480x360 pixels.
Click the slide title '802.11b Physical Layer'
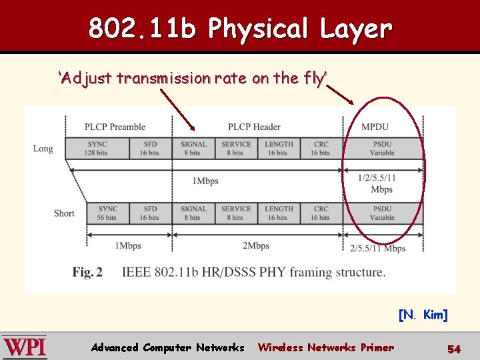(x=240, y=28)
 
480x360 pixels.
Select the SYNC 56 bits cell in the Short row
(x=107, y=213)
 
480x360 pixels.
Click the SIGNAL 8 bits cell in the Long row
(x=193, y=148)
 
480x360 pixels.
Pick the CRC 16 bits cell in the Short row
(x=320, y=213)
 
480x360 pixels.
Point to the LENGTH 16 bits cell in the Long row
(x=278, y=148)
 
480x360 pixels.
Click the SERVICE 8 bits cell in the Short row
(x=236, y=213)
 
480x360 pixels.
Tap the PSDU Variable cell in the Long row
(x=382, y=148)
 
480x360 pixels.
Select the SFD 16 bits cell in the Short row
(x=150, y=213)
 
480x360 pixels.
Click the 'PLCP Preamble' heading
(x=115, y=127)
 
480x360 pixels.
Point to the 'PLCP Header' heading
(x=253, y=127)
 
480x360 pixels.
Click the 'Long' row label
(x=43, y=148)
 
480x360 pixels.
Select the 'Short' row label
(x=64, y=213)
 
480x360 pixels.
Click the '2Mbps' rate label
(x=255, y=246)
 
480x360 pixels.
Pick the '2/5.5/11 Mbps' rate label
(x=377, y=248)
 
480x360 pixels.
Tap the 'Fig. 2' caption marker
(x=87, y=272)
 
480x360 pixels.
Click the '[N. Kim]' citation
(x=423, y=315)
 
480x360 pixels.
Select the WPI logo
(x=25, y=347)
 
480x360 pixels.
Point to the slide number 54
(x=454, y=349)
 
